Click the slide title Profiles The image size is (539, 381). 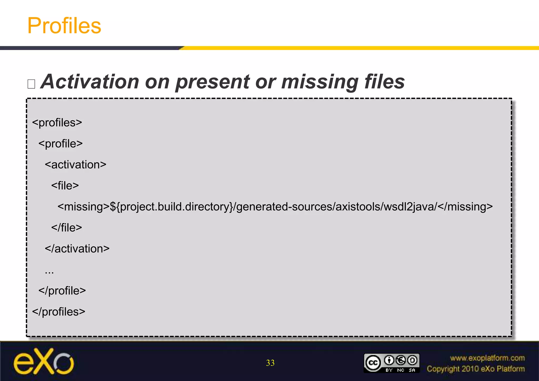[64, 26]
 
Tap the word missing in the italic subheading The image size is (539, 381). [320, 82]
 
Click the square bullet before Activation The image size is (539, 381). [31, 84]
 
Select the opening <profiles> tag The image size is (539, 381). [57, 123]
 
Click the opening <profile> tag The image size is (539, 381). [61, 144]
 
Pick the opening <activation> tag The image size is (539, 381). [76, 165]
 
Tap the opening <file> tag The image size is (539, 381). [65, 186]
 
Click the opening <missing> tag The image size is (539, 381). [83, 207]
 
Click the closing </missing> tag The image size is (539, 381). [465, 207]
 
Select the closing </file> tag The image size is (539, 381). [67, 228]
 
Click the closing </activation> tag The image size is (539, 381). [77, 249]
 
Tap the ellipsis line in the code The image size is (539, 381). [49, 271]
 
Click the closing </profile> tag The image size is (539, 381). [62, 291]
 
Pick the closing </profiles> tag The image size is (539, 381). [59, 312]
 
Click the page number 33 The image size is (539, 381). [270, 363]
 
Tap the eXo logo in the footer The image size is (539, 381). [44, 362]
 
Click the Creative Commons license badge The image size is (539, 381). [391, 363]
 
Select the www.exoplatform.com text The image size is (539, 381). [487, 358]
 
